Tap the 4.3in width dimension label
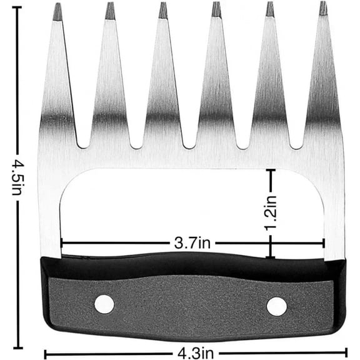tap(196, 353)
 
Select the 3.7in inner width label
tap(192, 242)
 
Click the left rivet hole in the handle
tap(104, 304)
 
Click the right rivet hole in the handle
tap(276, 307)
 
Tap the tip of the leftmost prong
tap(57, 4)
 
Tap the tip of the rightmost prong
tap(323, 2)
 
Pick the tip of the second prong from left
tap(111, 2)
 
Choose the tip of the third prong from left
tap(163, 2)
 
